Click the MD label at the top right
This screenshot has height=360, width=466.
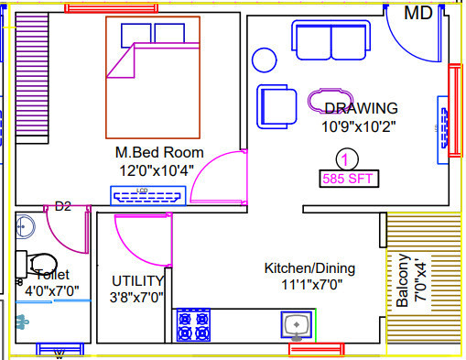418,13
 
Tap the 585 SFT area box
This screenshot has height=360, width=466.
347,179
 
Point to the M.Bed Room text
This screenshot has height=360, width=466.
159,152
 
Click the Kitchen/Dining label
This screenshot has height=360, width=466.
309,268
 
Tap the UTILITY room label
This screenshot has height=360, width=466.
137,280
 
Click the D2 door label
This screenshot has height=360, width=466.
63,206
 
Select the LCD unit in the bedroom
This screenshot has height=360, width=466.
148,194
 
